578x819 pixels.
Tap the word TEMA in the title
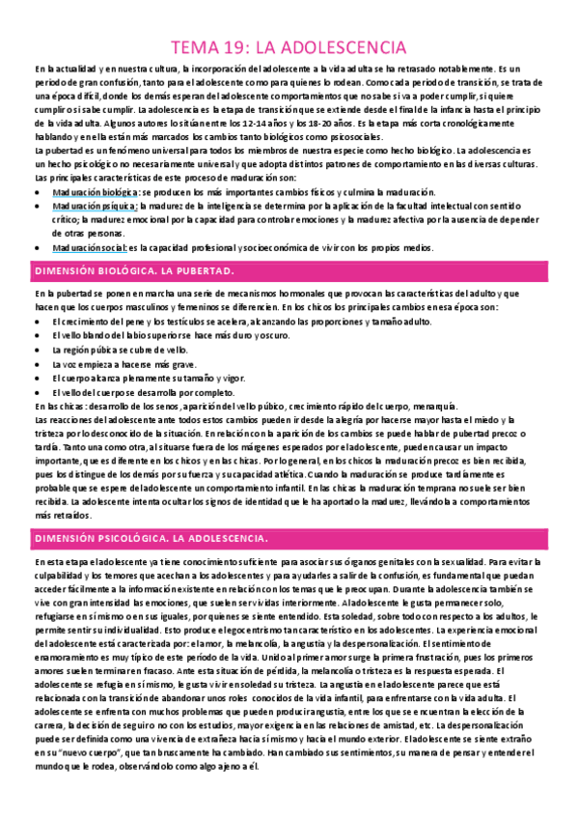(x=198, y=46)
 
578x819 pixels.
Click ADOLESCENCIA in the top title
(x=349, y=46)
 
